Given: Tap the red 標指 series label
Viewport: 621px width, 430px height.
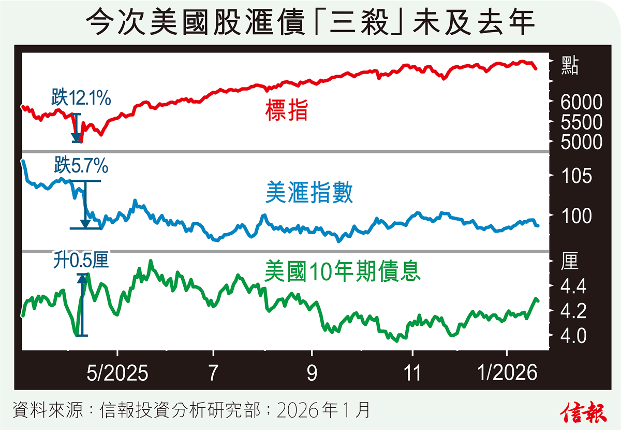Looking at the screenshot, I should coord(287,110).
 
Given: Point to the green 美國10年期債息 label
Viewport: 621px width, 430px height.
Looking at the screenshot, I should coord(342,270).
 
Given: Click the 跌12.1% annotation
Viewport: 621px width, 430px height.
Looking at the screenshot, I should coord(81,97).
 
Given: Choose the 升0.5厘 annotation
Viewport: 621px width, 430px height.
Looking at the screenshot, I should coord(81,261).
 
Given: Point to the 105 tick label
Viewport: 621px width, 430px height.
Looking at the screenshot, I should coord(577,176).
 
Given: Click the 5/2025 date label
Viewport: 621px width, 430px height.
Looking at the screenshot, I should coord(117,372).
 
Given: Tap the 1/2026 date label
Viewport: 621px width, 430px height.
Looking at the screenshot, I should coord(507,372).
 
